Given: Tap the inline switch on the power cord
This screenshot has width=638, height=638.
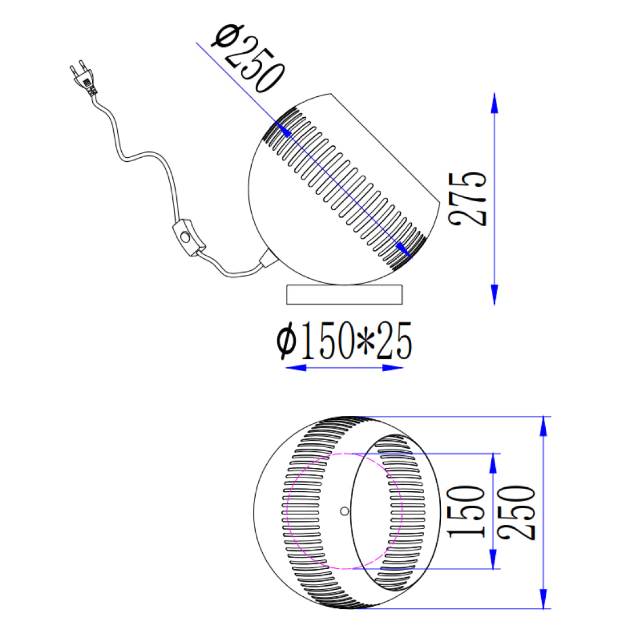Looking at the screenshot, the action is pos(188,238).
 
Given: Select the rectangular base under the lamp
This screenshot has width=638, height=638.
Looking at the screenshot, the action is pos(344,295).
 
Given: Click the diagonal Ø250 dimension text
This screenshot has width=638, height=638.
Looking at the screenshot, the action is pos(248,59).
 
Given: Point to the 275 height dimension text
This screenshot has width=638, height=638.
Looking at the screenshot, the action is pos(467,198).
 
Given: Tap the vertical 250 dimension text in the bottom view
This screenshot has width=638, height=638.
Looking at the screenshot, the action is pos(517,512).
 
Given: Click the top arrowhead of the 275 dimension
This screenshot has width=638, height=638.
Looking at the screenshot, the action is pos(494,103).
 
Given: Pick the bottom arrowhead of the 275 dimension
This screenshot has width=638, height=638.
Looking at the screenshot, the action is pos(494,295).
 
